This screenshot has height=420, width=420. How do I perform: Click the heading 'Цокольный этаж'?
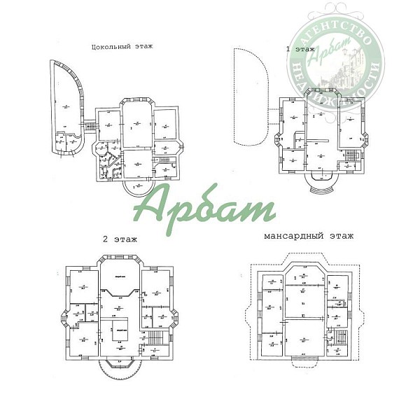point(122,47)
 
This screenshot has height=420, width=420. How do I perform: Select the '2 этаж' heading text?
point(119,239)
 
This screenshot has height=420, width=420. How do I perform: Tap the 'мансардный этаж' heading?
point(309,237)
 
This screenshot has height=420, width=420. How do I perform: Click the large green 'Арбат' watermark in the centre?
point(204,207)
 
